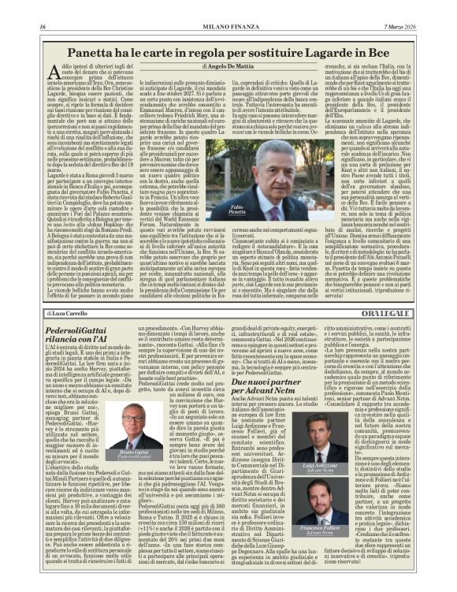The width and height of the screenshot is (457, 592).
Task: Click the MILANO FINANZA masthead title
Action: click(228, 28)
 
